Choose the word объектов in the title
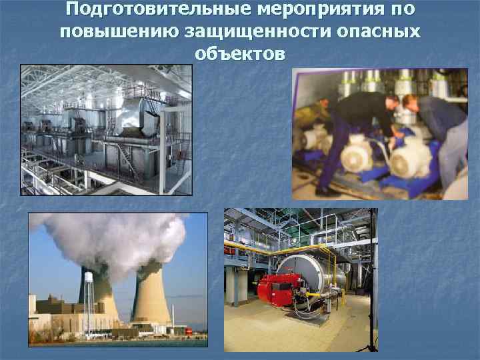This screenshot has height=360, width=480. click(x=240, y=54)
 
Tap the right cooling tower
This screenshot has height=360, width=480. click(x=151, y=293)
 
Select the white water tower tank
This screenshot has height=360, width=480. click(x=89, y=275)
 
